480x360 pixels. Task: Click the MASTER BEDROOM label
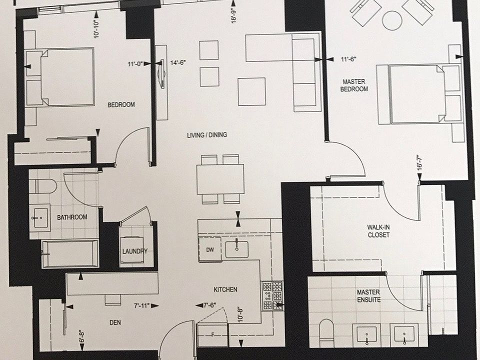tap(355, 85)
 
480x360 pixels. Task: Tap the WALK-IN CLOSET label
tap(378, 231)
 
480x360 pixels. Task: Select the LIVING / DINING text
tap(207, 135)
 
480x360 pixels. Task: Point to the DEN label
tap(115, 322)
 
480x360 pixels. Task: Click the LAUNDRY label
tap(134, 251)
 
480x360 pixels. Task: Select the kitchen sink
tap(236, 249)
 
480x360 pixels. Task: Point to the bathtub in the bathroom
tap(70, 253)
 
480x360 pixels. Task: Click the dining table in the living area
tap(220, 179)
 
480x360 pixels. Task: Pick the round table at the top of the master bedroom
tap(392, 20)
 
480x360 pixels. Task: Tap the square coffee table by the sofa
tap(251, 91)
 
